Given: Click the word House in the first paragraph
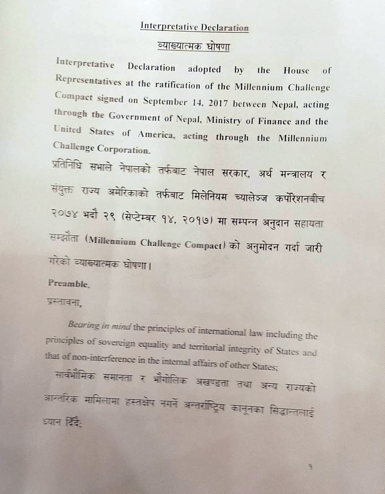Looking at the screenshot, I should click(296, 70).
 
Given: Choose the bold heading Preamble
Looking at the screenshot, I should click(69, 284).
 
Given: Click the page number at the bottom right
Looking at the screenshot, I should click(310, 467).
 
